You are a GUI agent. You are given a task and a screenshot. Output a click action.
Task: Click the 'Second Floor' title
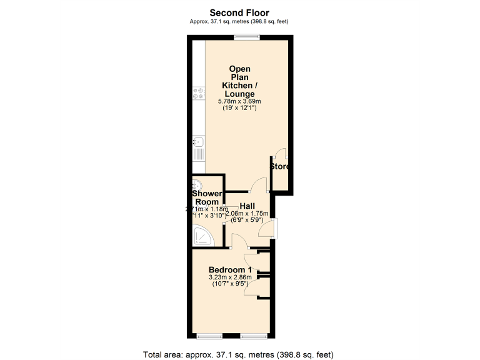coord(239,12)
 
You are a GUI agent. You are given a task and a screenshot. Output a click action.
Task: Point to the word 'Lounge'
coord(241,94)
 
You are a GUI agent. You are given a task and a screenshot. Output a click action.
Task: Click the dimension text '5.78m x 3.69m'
coord(239,101)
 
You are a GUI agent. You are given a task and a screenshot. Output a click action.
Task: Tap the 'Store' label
coord(280,167)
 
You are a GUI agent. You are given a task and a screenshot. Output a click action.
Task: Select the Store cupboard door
coord(281,154)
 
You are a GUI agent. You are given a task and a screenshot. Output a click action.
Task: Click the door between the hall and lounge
coord(258,186)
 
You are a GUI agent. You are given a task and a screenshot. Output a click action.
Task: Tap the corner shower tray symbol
coord(202,236)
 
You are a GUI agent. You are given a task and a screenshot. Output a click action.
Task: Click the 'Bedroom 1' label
coord(229,269)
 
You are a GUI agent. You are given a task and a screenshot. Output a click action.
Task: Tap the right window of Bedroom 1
coord(254,337)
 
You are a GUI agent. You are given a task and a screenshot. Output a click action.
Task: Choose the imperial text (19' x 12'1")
coord(239,108)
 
